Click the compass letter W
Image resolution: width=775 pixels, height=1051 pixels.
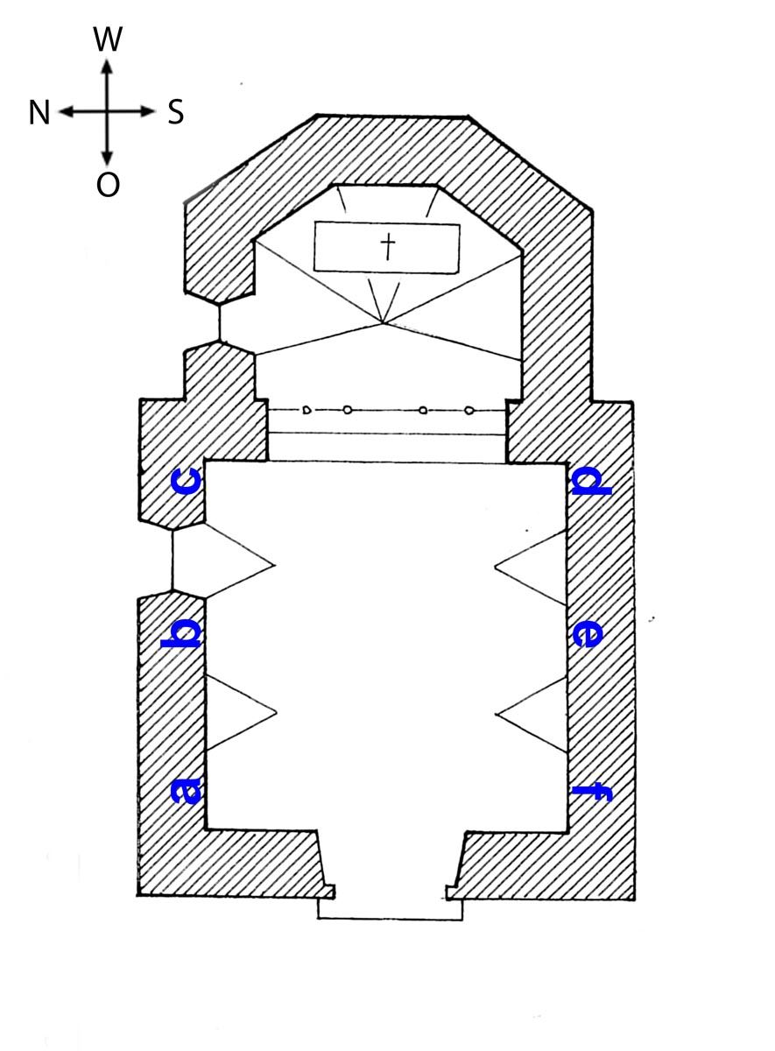click(108, 39)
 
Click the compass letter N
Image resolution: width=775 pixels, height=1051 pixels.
click(39, 113)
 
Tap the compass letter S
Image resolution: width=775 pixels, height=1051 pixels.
click(176, 113)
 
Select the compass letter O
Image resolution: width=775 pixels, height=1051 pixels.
click(108, 185)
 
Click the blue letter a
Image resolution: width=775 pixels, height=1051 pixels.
click(187, 791)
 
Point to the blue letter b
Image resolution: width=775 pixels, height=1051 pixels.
click(181, 634)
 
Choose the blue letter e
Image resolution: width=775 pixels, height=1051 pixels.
click(588, 635)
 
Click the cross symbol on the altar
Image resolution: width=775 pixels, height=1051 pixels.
click(387, 247)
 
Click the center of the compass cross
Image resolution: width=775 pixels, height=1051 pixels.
click(108, 112)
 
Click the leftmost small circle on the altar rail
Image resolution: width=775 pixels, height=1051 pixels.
click(306, 410)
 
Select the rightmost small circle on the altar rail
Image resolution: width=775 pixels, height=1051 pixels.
click(469, 411)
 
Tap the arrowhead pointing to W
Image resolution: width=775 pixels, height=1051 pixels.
click(108, 67)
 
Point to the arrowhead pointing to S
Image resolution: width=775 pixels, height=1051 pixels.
click(148, 112)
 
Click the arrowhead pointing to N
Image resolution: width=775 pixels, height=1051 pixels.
click(67, 112)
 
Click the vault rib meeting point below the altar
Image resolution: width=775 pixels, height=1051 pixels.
click(384, 323)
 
